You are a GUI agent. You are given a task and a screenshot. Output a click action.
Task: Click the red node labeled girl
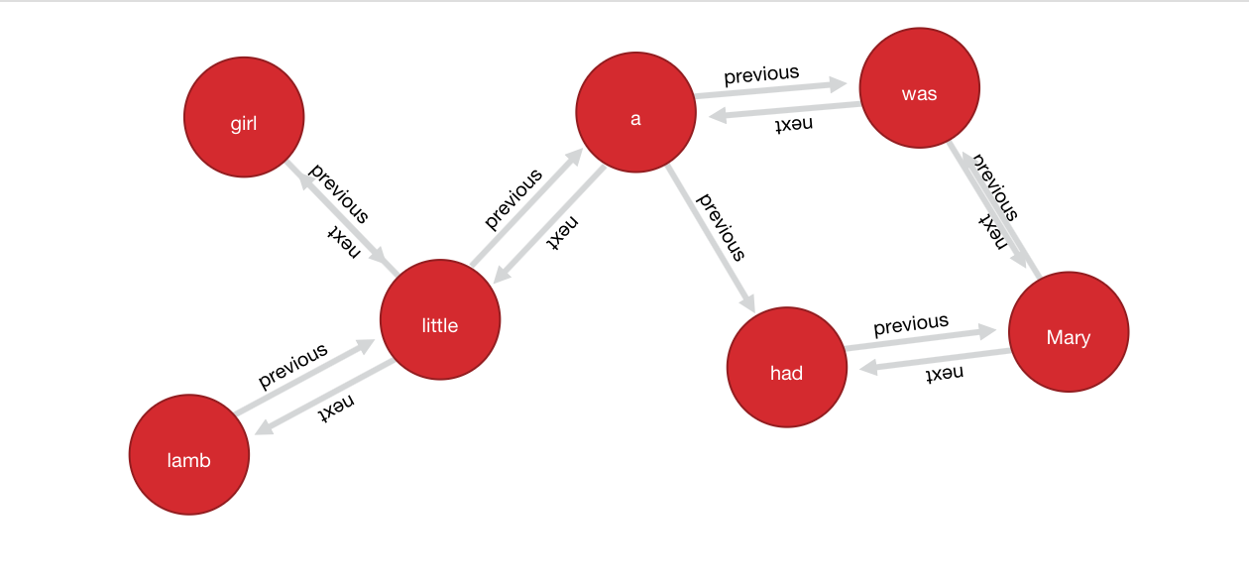[x=244, y=118]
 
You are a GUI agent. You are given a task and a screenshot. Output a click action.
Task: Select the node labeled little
[x=440, y=319]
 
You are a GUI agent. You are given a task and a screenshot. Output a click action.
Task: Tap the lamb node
[x=189, y=455]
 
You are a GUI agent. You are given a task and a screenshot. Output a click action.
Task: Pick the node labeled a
[x=635, y=113]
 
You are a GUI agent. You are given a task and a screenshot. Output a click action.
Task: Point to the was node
[x=920, y=89]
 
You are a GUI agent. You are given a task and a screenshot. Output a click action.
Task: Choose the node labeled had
[x=787, y=367]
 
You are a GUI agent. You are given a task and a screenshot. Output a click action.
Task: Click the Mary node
[x=1069, y=331]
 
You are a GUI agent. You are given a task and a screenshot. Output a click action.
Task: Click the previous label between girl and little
[x=339, y=191]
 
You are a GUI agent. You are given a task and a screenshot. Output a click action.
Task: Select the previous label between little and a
[x=513, y=198]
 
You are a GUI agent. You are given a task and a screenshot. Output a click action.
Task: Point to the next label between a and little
[x=561, y=234]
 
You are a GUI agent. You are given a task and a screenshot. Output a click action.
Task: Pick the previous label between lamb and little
[x=292, y=366]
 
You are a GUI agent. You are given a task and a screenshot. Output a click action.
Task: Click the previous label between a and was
[x=761, y=74]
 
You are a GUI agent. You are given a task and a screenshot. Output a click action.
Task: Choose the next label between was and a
[x=793, y=123]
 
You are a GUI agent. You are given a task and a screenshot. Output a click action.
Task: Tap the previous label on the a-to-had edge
[x=721, y=226]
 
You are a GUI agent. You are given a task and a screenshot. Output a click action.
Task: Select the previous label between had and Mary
[x=911, y=324]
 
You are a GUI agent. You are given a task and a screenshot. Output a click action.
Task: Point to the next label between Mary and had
[x=944, y=374]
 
